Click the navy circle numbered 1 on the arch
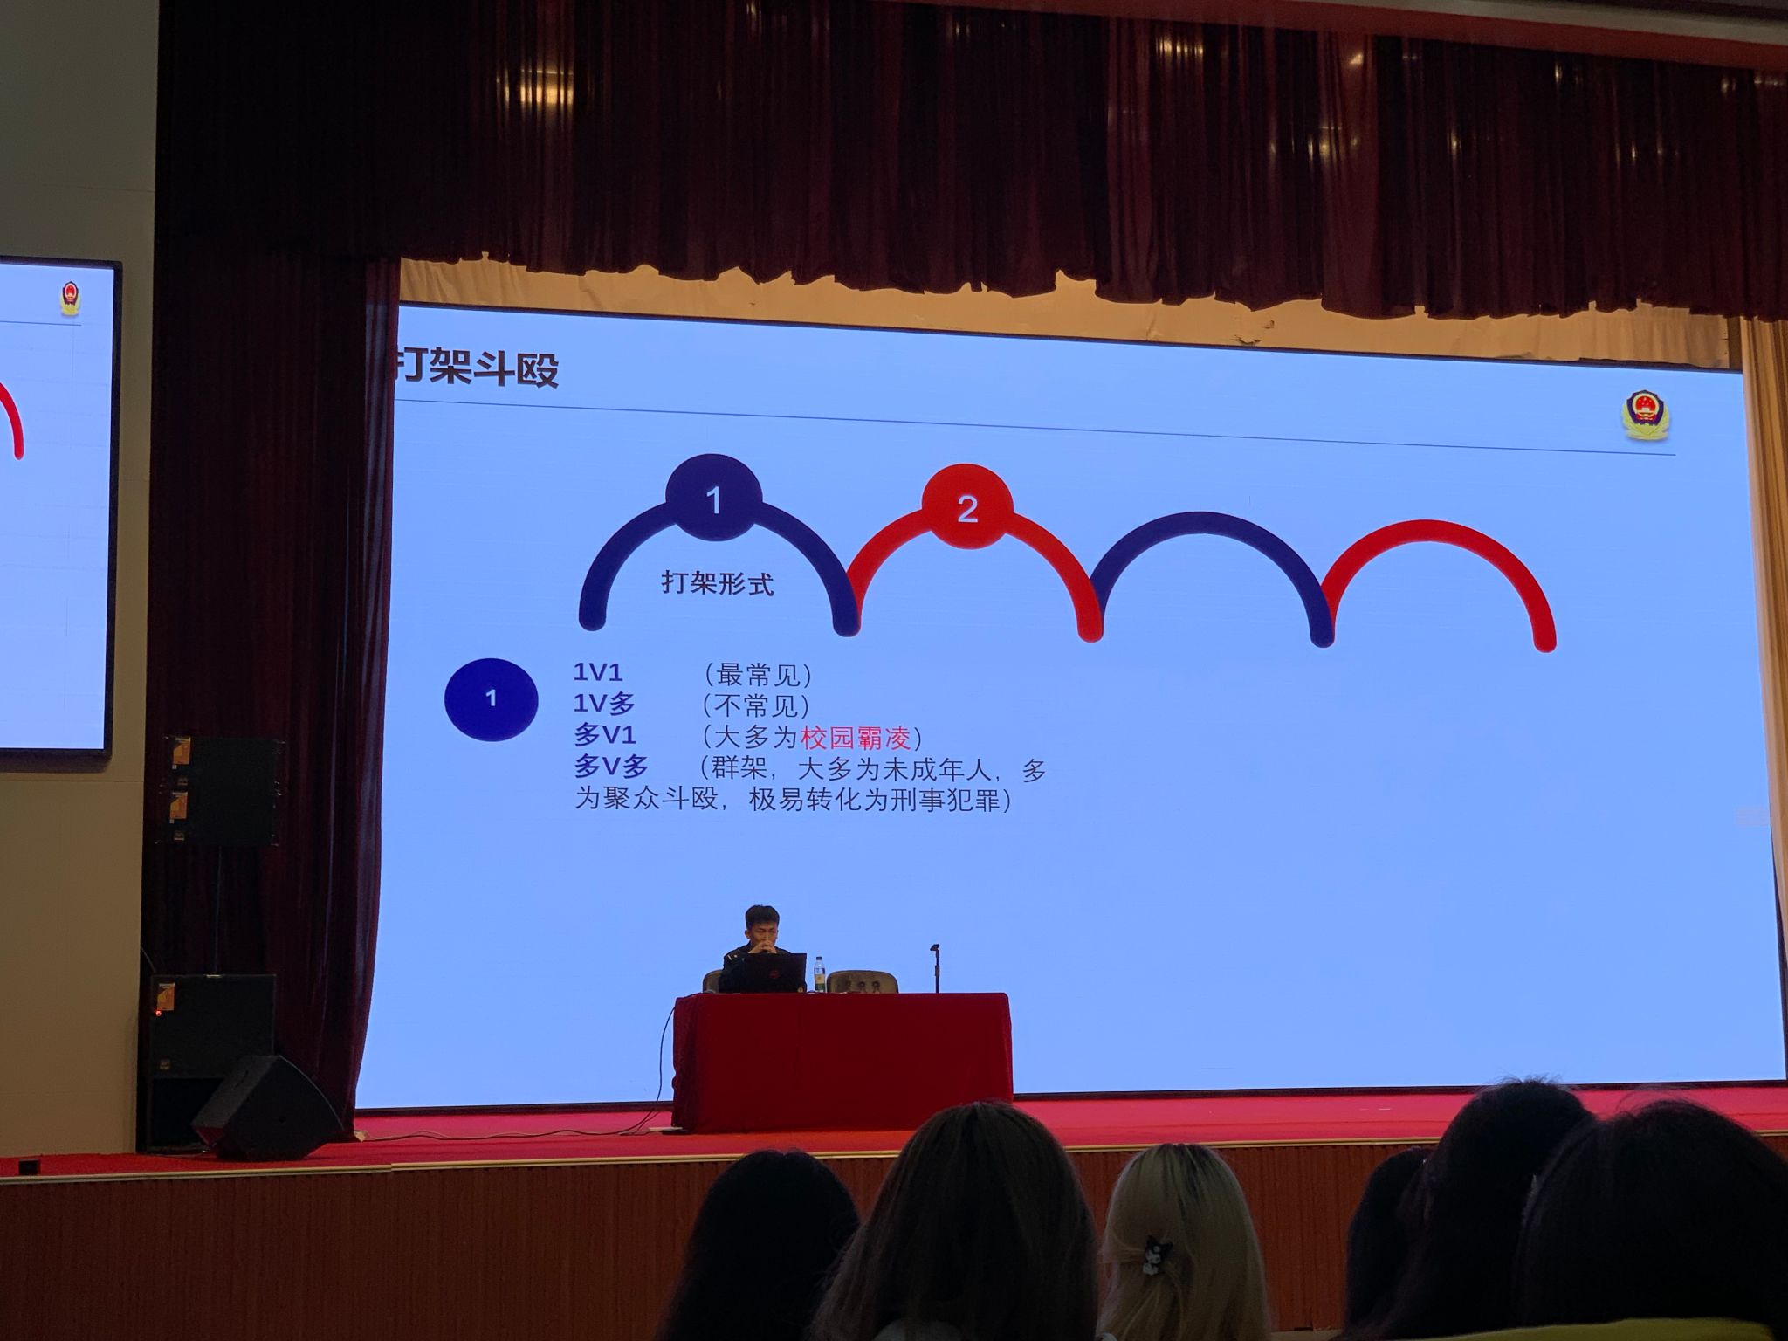tap(713, 499)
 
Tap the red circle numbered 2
tap(966, 509)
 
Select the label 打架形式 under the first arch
tap(718, 582)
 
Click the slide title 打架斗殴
tap(476, 369)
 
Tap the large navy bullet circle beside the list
tap(491, 699)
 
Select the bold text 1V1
tap(598, 672)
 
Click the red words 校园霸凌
tap(856, 738)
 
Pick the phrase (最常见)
tap(757, 674)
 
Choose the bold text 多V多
tap(611, 767)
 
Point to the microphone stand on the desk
tap(935, 967)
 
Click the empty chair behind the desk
tap(863, 981)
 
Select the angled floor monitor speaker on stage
tap(267, 1106)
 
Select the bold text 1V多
tap(604, 704)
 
